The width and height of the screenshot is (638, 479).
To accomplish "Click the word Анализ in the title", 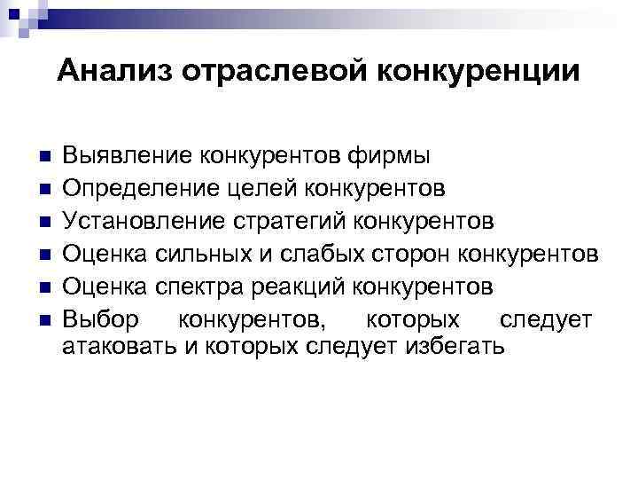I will click(x=114, y=72).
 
